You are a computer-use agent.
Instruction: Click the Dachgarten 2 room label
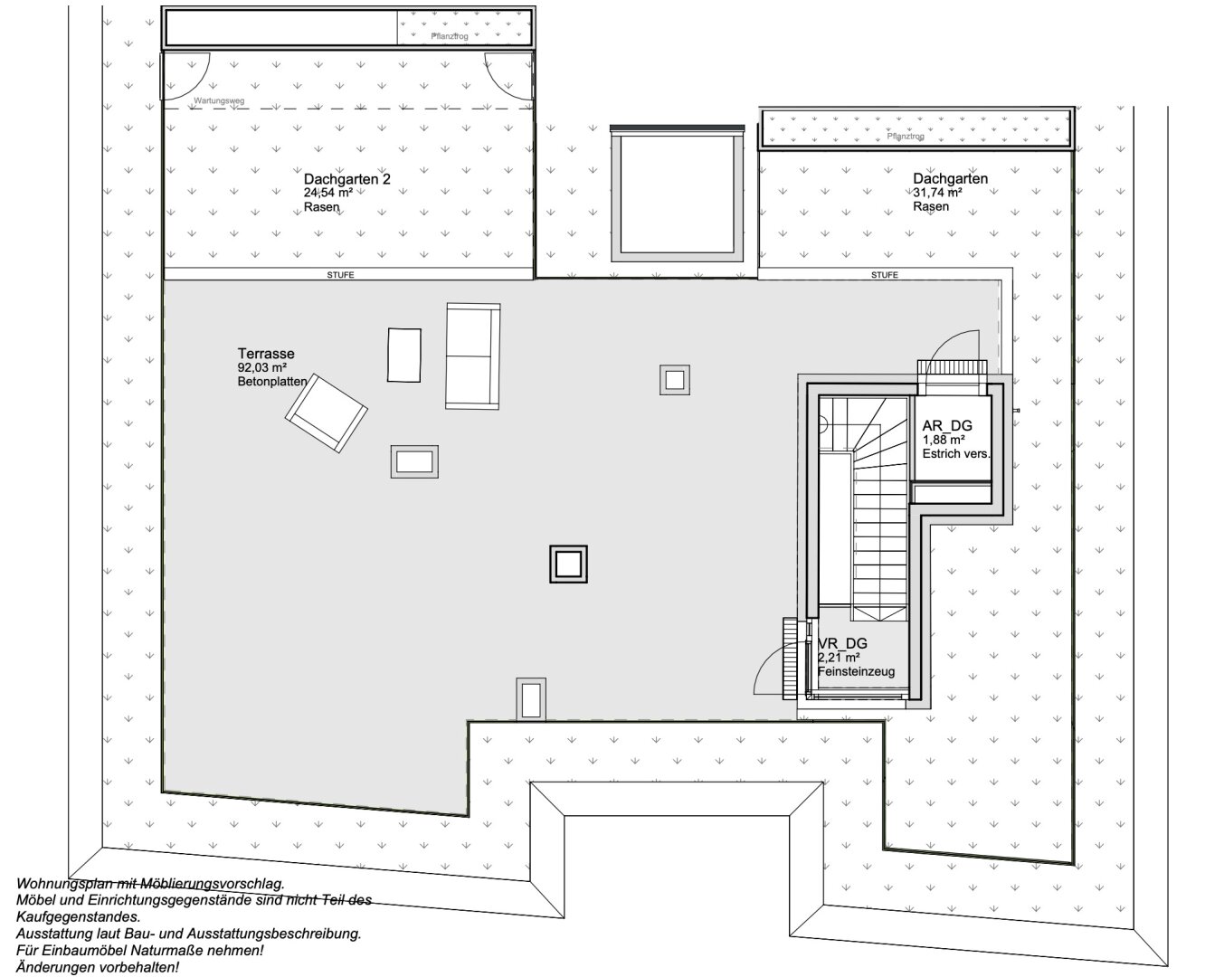pos(346,179)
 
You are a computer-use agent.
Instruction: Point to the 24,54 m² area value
pos(327,193)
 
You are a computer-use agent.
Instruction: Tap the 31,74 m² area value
pos(936,193)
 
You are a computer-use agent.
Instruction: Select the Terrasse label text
pos(266,354)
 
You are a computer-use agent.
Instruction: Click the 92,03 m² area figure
pos(261,368)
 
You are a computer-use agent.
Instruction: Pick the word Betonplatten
pos(271,383)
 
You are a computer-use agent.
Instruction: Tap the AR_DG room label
pos(947,426)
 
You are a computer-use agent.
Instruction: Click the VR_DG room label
pos(842,643)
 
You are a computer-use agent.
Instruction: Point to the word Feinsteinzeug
pos(856,672)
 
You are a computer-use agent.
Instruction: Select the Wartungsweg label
pos(219,101)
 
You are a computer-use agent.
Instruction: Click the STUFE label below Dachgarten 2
pos(340,275)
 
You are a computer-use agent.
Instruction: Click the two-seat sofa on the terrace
pos(472,356)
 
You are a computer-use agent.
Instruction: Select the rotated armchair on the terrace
pos(326,413)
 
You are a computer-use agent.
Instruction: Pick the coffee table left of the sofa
pos(404,355)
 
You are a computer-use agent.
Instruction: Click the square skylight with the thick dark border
pos(568,564)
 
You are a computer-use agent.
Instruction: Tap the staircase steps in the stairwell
pos(879,534)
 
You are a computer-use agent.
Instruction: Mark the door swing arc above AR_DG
pos(954,342)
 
